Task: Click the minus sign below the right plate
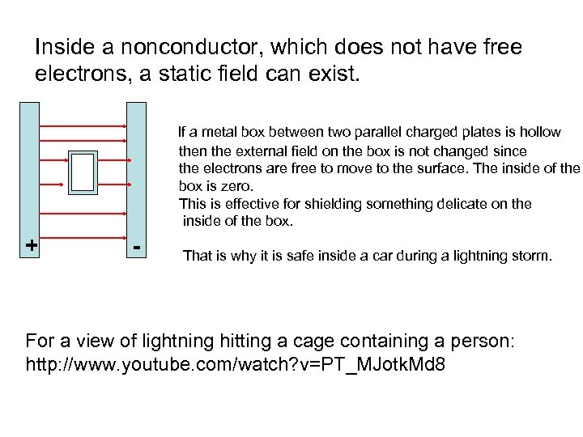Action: tap(138, 244)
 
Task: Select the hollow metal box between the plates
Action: tap(83, 172)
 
